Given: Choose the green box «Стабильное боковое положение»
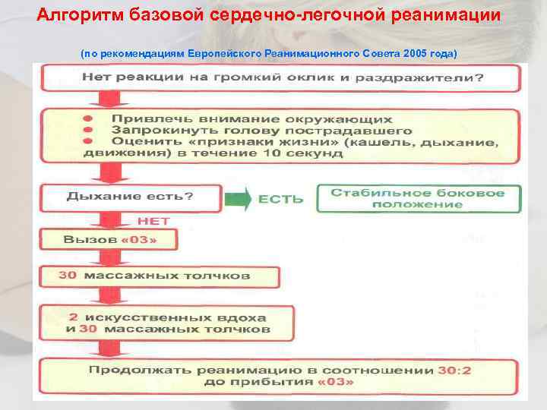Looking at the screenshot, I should [x=417, y=198].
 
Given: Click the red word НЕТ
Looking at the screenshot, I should [x=153, y=221].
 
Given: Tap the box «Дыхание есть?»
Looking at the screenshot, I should [x=130, y=196].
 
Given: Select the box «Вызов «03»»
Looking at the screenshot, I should [x=110, y=241].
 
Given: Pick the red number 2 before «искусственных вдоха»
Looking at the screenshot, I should [x=74, y=317].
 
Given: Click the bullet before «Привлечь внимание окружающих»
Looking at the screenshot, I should [x=89, y=119].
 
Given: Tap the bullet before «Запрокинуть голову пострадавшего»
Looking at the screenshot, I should [x=89, y=130].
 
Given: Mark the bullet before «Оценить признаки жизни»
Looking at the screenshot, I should [x=89, y=141].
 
